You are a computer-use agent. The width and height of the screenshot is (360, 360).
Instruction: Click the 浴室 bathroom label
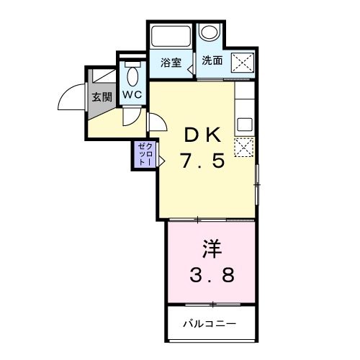point(171,63)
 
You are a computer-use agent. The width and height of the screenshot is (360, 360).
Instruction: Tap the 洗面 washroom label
point(212,61)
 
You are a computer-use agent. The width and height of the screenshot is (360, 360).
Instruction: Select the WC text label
point(132,95)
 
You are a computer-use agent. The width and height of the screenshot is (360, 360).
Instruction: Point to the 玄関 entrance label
point(102,97)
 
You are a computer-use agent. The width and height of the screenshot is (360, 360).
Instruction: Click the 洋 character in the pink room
point(211,250)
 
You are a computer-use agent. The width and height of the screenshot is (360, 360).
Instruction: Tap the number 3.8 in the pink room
point(212,276)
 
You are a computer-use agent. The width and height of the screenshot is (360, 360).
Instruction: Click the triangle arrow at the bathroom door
point(189,70)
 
